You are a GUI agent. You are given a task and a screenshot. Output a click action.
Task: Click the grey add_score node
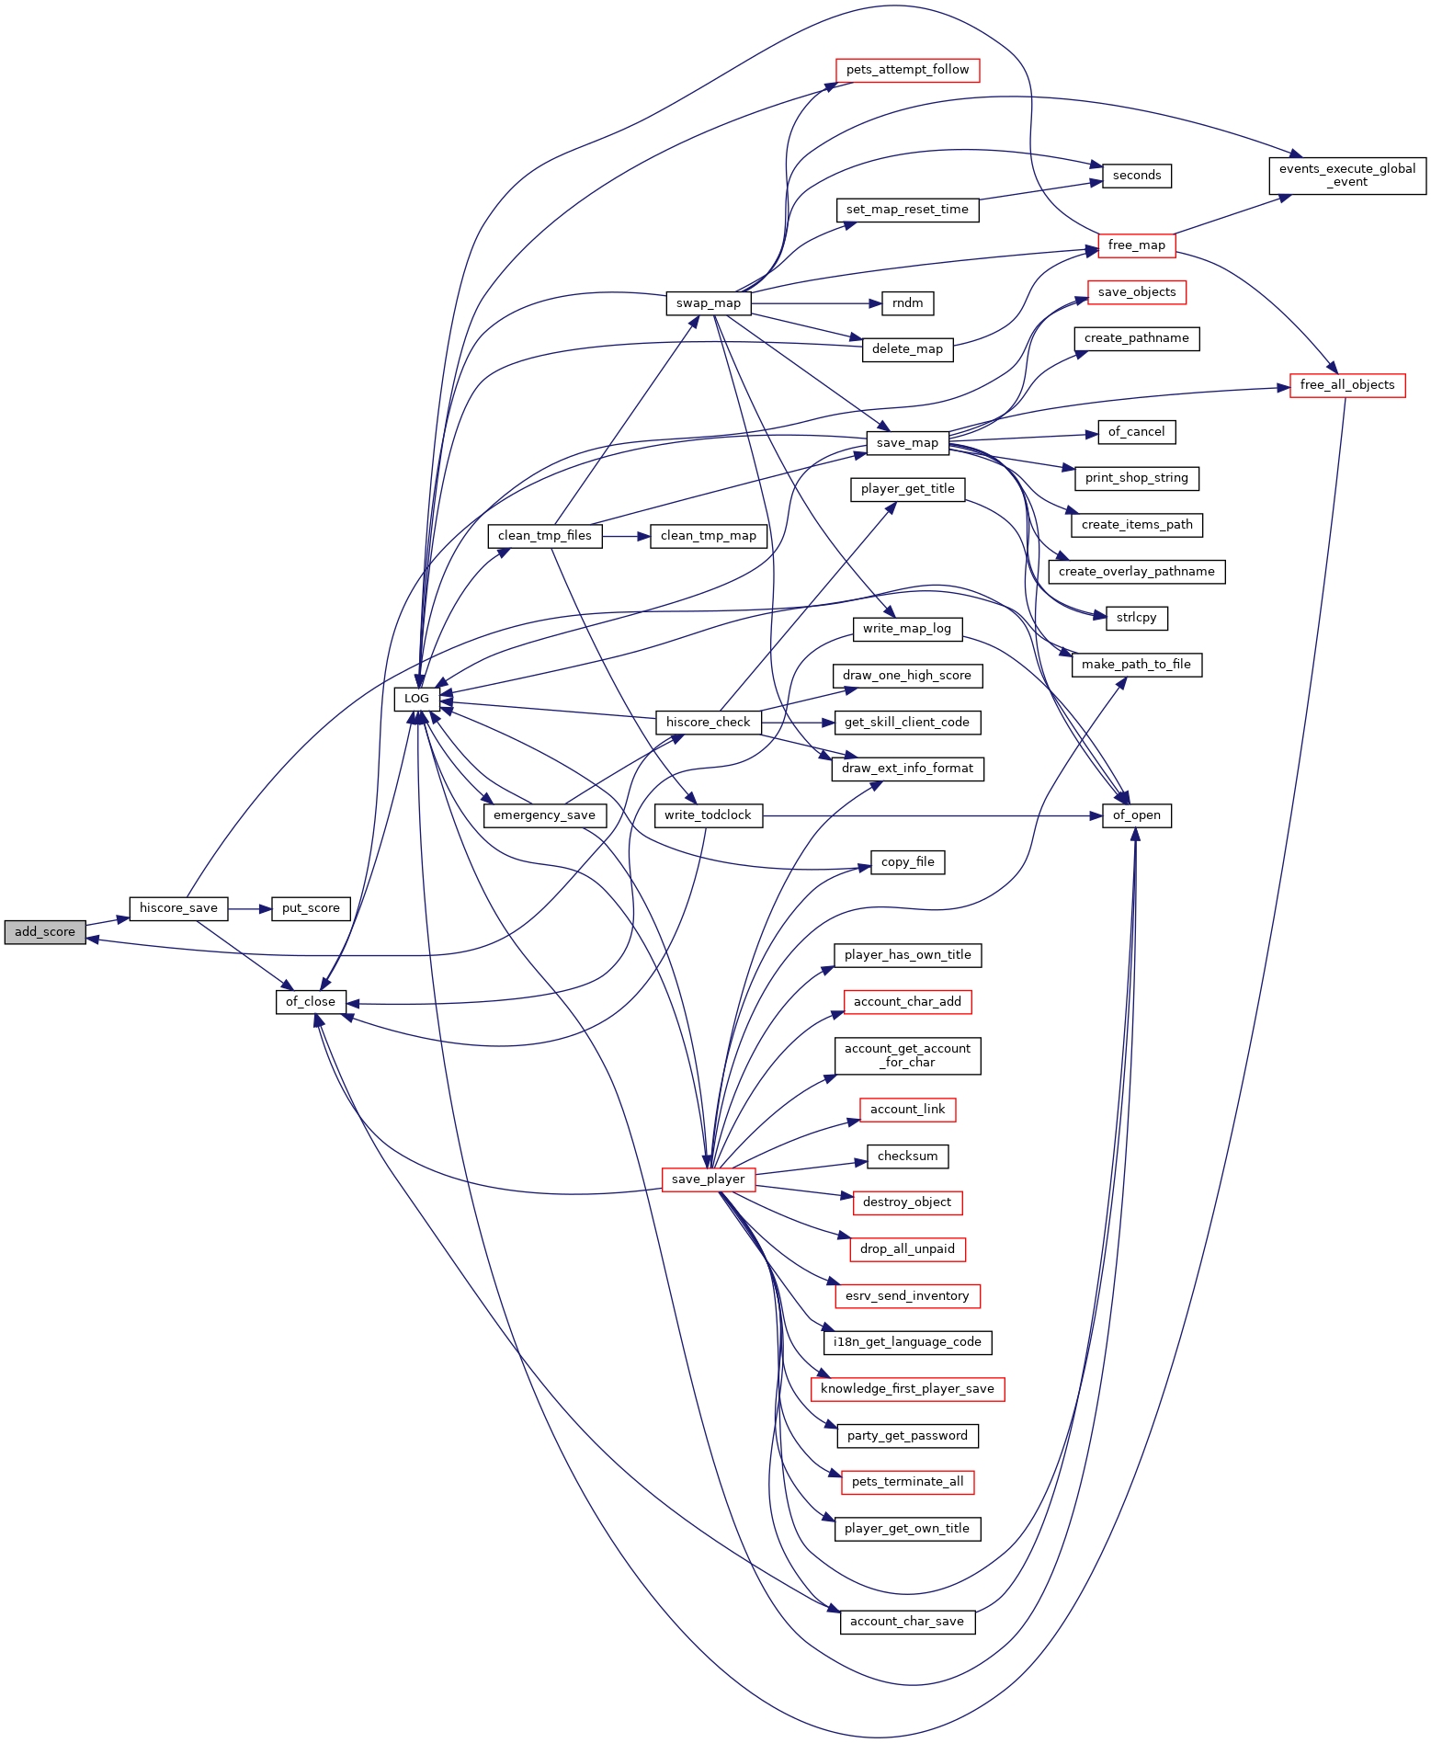pos(45,931)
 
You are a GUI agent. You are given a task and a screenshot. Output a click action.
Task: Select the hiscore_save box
pos(178,908)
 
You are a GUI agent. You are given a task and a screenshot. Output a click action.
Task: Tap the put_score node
pos(311,908)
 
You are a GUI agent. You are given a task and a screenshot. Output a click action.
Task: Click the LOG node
pos(416,699)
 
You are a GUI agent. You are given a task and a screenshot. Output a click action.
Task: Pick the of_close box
pos(311,1002)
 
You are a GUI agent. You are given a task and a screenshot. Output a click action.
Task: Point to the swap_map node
pos(709,303)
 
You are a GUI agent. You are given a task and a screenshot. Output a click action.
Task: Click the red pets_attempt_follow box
pos(907,70)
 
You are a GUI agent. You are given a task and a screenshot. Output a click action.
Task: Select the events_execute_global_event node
pos(1347,176)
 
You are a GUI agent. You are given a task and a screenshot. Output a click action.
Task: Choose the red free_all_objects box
pos(1347,385)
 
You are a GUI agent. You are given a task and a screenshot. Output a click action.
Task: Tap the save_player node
pos(709,1179)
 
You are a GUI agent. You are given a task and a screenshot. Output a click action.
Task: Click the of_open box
pos(1137,815)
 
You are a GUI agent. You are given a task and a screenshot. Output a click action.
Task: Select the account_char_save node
pos(907,1622)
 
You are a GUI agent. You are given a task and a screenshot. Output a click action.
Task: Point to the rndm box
pos(908,303)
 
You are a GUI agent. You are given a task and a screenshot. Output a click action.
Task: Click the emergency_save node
pos(544,815)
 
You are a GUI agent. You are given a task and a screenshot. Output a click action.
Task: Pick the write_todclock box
pos(708,815)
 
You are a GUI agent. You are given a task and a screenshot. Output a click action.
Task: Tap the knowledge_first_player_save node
pos(907,1389)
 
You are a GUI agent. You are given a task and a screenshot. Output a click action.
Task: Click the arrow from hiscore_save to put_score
pos(250,908)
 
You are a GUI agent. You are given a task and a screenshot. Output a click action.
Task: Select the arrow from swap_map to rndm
pos(816,303)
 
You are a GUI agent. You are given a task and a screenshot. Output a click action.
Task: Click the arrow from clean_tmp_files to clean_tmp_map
pos(627,536)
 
